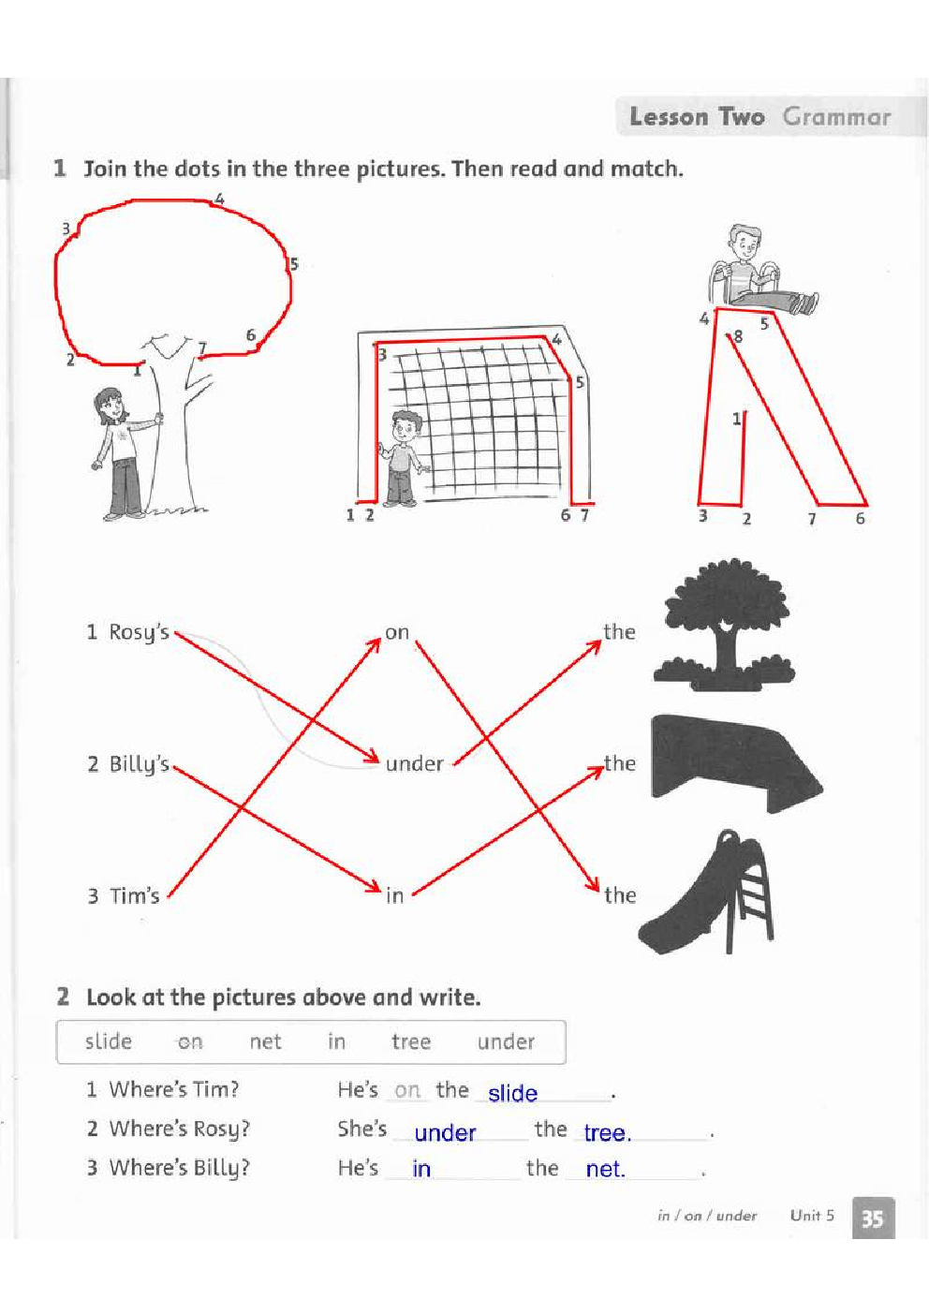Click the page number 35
(872, 1219)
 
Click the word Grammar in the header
(837, 117)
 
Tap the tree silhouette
(725, 626)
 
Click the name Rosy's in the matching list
(139, 633)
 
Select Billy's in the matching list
(139, 765)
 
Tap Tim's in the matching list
(134, 895)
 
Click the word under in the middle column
(414, 763)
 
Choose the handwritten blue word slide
(512, 1093)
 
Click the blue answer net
(605, 1170)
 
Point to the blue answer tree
(608, 1132)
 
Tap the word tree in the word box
(411, 1041)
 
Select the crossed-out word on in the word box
(190, 1042)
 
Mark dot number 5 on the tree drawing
(294, 264)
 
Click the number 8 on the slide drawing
(738, 336)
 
